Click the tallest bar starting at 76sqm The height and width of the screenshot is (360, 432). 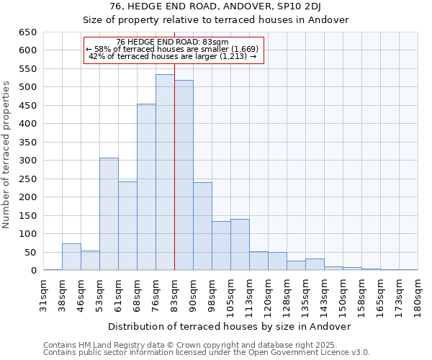click(165, 173)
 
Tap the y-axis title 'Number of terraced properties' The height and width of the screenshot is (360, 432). click(6, 155)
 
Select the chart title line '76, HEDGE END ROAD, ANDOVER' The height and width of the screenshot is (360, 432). click(215, 6)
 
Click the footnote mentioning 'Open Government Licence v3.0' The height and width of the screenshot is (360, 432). click(207, 353)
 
